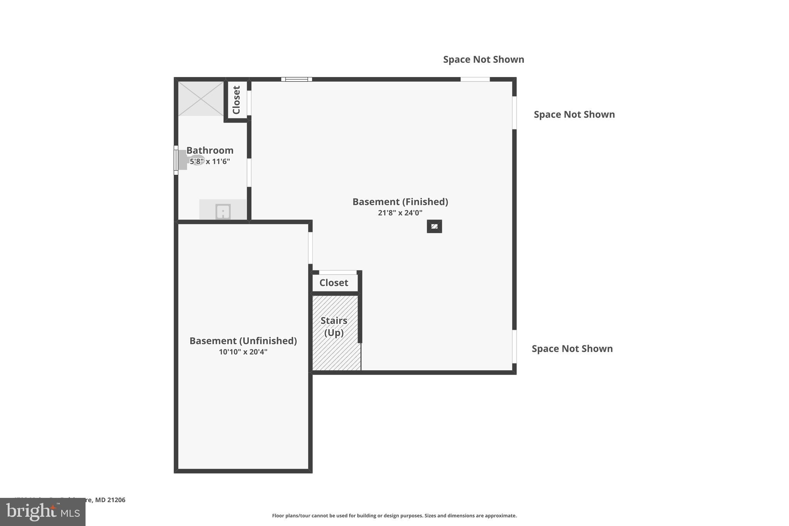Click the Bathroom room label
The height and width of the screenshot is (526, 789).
point(210,150)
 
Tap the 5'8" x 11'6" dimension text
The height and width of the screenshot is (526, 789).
point(210,161)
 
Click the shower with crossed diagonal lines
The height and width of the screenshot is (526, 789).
point(201,99)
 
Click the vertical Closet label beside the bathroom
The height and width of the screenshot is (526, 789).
point(237,100)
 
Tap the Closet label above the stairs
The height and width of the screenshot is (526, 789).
point(334,283)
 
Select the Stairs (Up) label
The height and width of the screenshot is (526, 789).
point(334,326)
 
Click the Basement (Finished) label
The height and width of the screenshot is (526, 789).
point(400,202)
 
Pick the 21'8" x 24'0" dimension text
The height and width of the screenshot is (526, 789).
point(400,213)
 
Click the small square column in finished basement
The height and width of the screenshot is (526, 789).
point(434,227)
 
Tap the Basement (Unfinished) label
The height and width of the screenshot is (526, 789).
point(243,341)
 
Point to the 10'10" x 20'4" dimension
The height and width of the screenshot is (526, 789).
point(243,352)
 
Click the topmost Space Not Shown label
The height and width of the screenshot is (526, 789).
point(483,59)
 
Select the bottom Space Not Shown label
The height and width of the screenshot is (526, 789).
point(572,349)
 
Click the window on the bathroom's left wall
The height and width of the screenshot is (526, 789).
point(176,160)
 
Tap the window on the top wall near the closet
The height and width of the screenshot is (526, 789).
point(296,79)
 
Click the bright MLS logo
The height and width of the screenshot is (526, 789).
point(43,512)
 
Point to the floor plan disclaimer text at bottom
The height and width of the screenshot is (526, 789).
point(394,516)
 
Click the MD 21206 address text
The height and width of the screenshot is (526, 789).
point(110,500)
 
